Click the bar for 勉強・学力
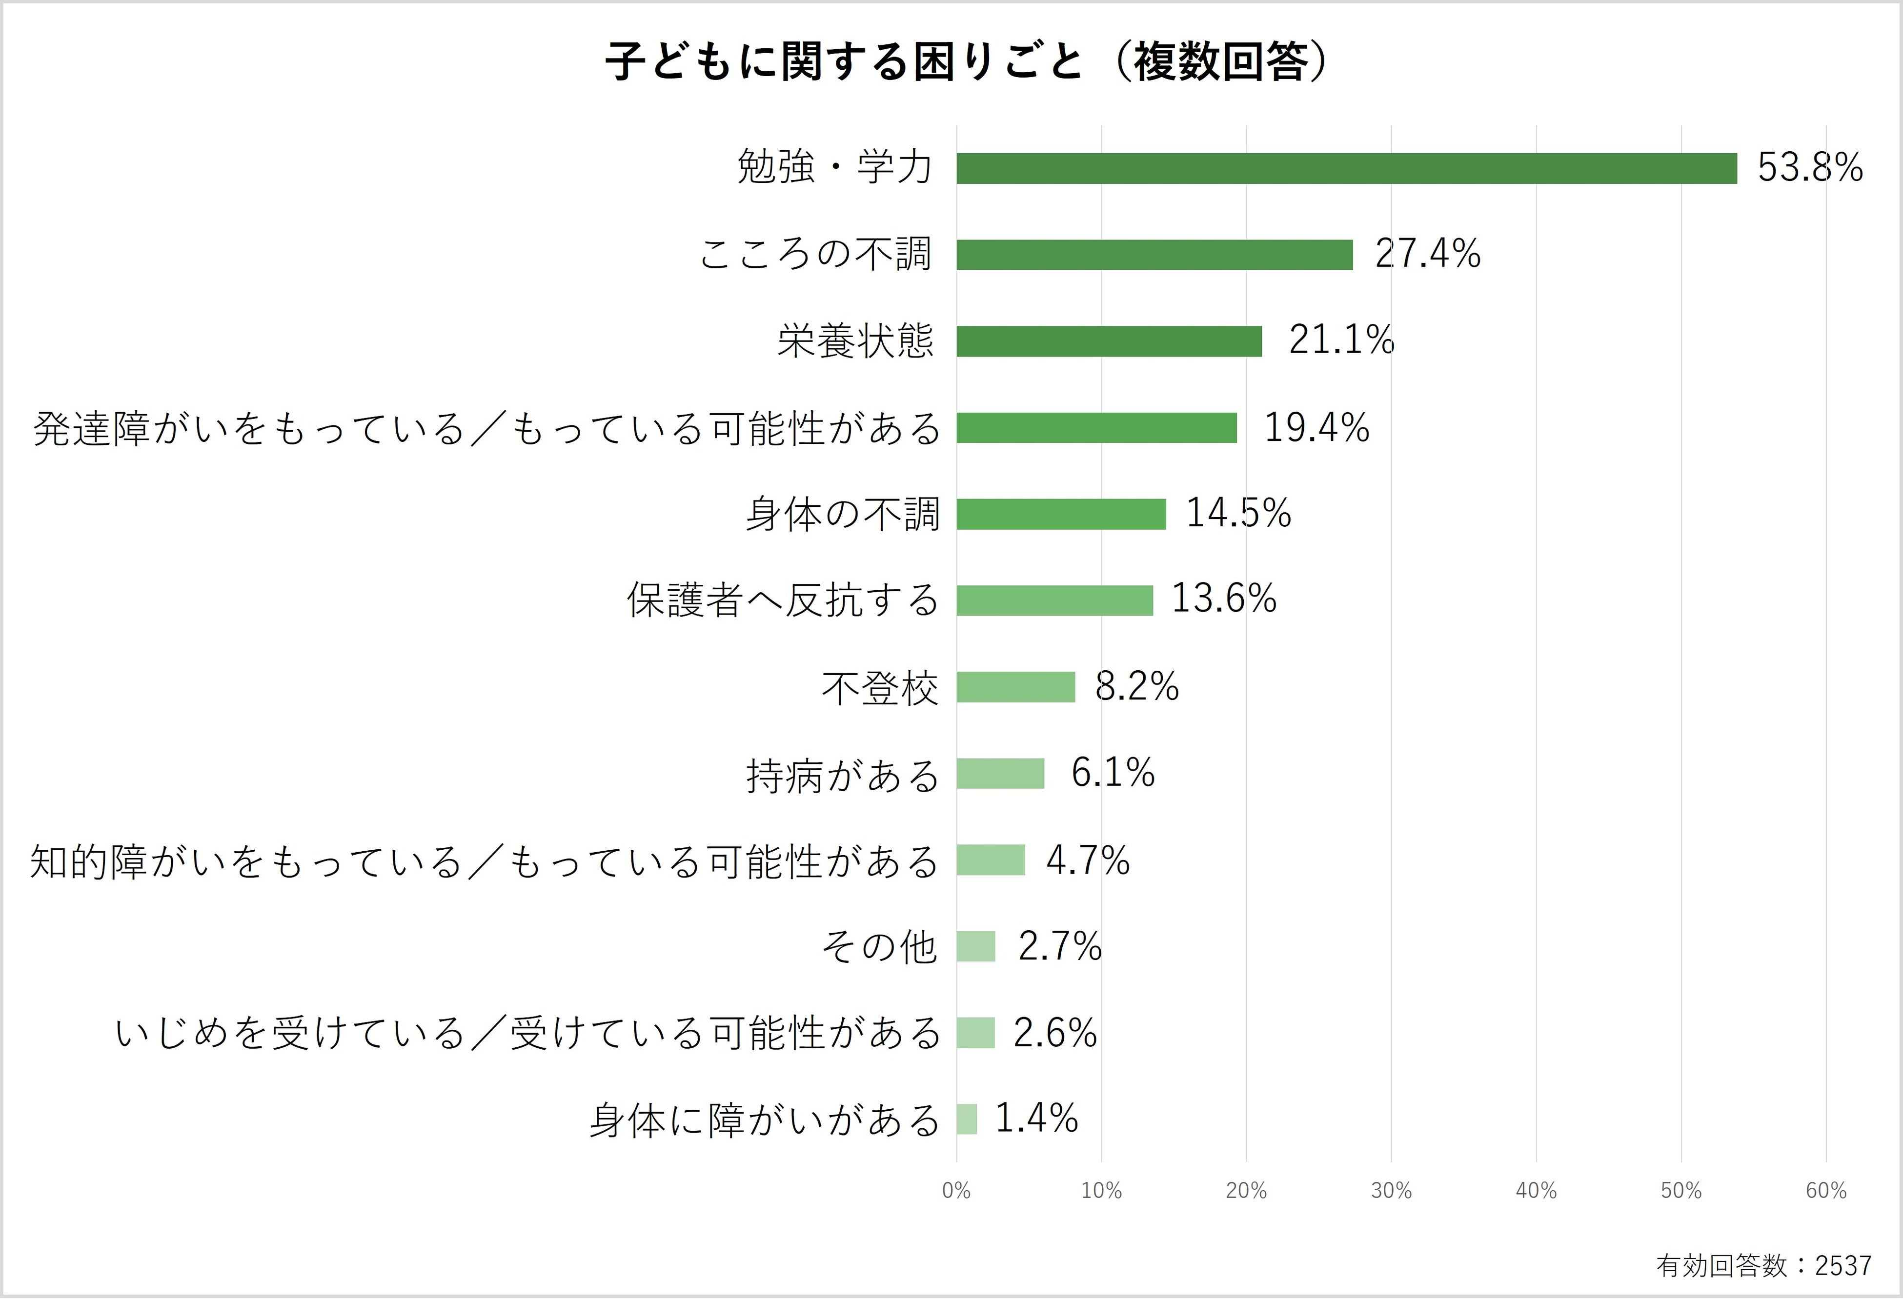coord(1346,169)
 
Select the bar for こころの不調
coord(1154,255)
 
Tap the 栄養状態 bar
coord(1109,341)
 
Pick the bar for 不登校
coord(1015,687)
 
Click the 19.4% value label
coord(1316,427)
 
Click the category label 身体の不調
coord(842,515)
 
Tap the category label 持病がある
coord(842,775)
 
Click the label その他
coord(879,948)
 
